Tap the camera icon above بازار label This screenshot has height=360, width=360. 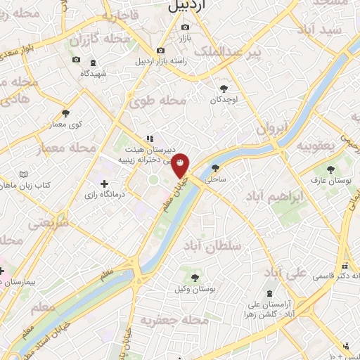[x=185, y=27]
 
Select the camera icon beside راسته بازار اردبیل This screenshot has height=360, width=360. [x=161, y=51]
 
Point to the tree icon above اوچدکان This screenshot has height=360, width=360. [x=224, y=89]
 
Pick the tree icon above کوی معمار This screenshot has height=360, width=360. [x=66, y=112]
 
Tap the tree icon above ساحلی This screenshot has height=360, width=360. [x=214, y=168]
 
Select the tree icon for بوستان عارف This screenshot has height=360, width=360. [x=330, y=169]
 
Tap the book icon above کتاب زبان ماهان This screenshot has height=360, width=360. [x=25, y=174]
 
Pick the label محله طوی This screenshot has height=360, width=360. [x=157, y=102]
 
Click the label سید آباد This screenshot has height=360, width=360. [x=320, y=30]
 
